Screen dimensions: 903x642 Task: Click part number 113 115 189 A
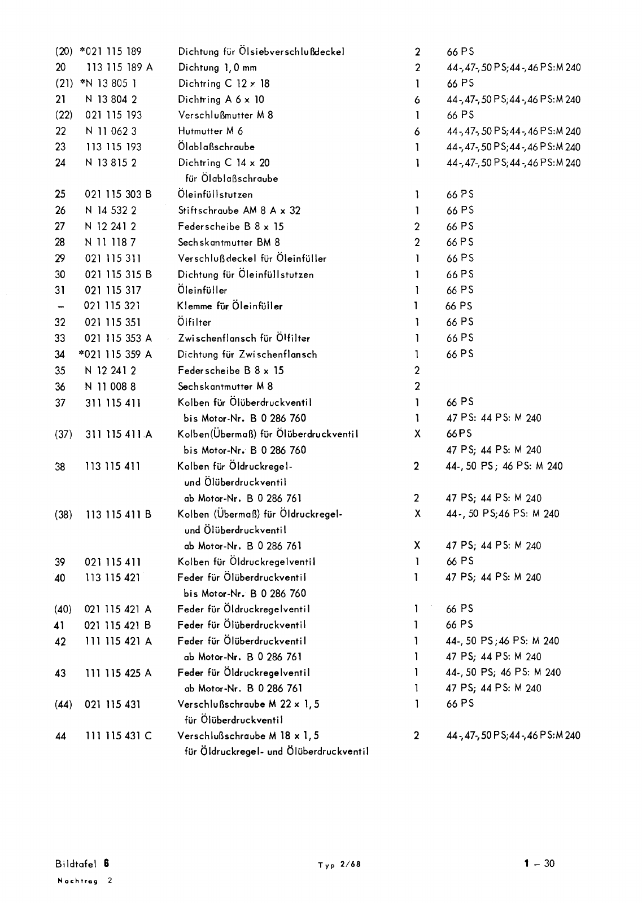point(119,68)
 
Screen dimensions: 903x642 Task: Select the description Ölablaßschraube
point(216,147)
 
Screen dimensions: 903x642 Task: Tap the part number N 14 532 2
point(111,211)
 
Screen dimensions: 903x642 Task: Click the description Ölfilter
point(194,322)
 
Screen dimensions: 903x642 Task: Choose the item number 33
point(60,339)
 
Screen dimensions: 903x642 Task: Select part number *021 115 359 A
point(116,354)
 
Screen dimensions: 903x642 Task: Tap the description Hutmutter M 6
point(210,131)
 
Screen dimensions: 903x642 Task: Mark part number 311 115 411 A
point(119,435)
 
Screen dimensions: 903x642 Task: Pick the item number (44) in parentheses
point(63,705)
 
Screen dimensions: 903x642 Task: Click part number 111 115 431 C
point(118,737)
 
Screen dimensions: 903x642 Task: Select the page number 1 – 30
point(539,863)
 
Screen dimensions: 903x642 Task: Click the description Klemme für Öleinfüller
point(230,306)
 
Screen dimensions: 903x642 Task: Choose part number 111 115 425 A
point(118,673)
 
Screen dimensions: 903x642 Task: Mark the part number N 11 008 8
point(110,387)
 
